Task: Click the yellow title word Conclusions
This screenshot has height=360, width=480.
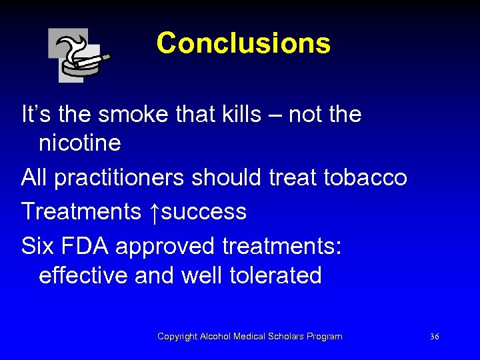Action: pyautogui.click(x=243, y=43)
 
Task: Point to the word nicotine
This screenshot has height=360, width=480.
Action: pyautogui.click(x=80, y=143)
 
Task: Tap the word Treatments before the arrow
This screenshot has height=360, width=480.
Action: pyautogui.click(x=81, y=212)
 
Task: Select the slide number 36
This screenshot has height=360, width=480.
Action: pyautogui.click(x=434, y=337)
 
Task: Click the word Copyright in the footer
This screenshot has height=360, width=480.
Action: pyautogui.click(x=177, y=337)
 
